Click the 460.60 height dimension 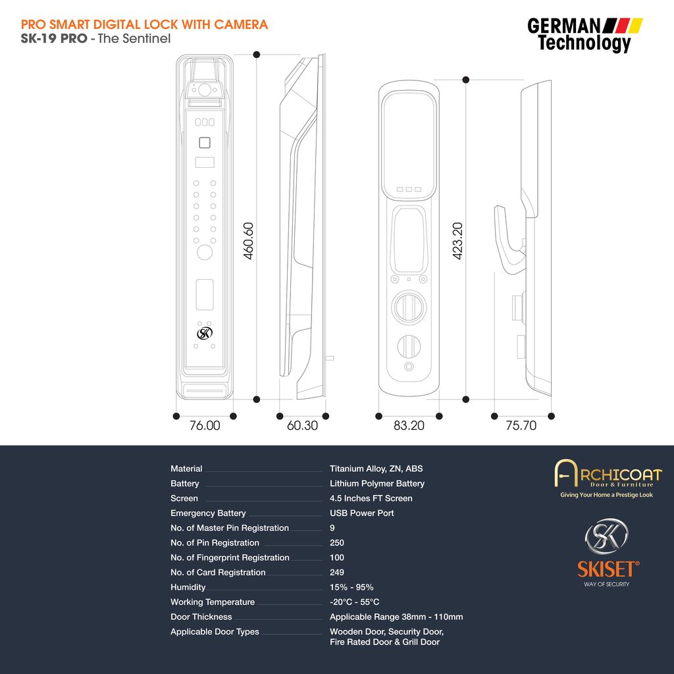[x=248, y=241]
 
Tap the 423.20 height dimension [x=457, y=241]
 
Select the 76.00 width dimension [x=205, y=426]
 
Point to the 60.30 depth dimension [x=302, y=426]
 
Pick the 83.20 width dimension [x=409, y=426]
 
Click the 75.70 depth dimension [x=521, y=426]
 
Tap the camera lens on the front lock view [x=205, y=90]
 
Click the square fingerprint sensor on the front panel [x=205, y=142]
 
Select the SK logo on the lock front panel [x=205, y=333]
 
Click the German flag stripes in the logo [x=623, y=26]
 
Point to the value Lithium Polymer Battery [x=377, y=484]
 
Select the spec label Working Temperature [x=213, y=602]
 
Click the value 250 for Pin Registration [x=337, y=542]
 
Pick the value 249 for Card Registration [x=337, y=572]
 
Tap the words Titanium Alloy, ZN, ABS [x=376, y=469]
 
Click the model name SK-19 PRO [x=54, y=38]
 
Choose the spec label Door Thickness [x=201, y=617]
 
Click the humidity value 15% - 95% [x=351, y=587]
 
